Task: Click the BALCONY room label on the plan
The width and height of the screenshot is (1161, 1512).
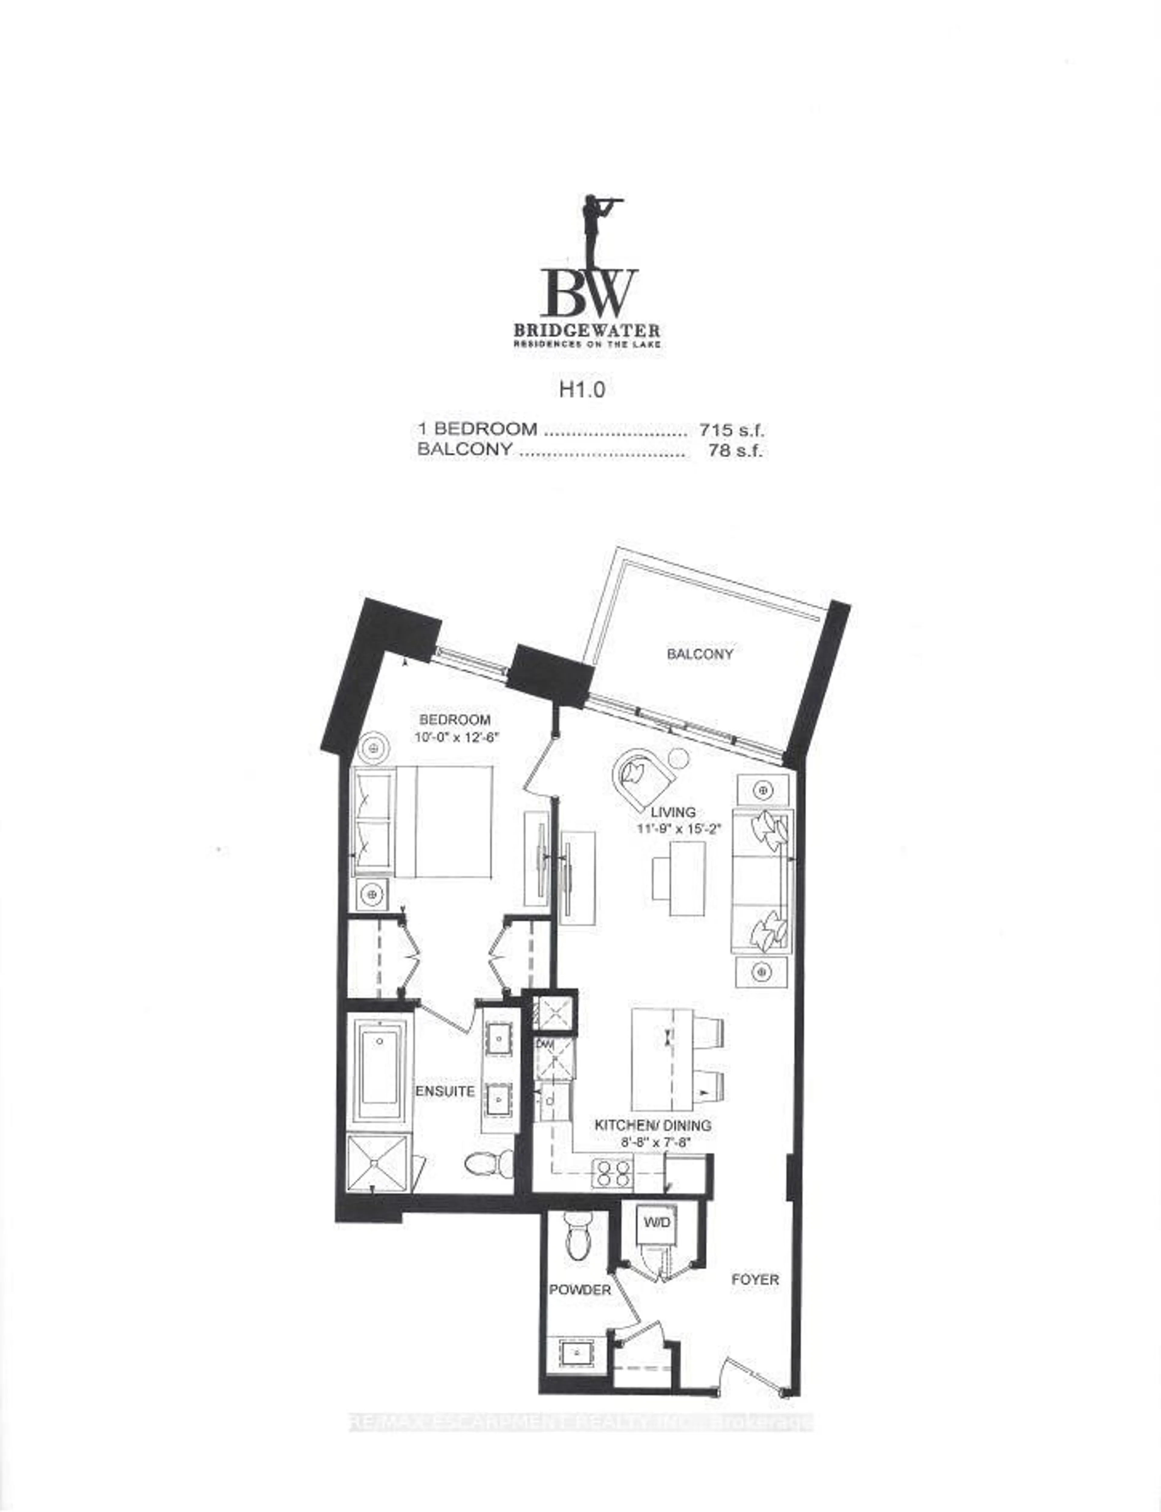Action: click(699, 654)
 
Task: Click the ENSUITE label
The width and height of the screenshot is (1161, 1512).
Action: click(445, 1091)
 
